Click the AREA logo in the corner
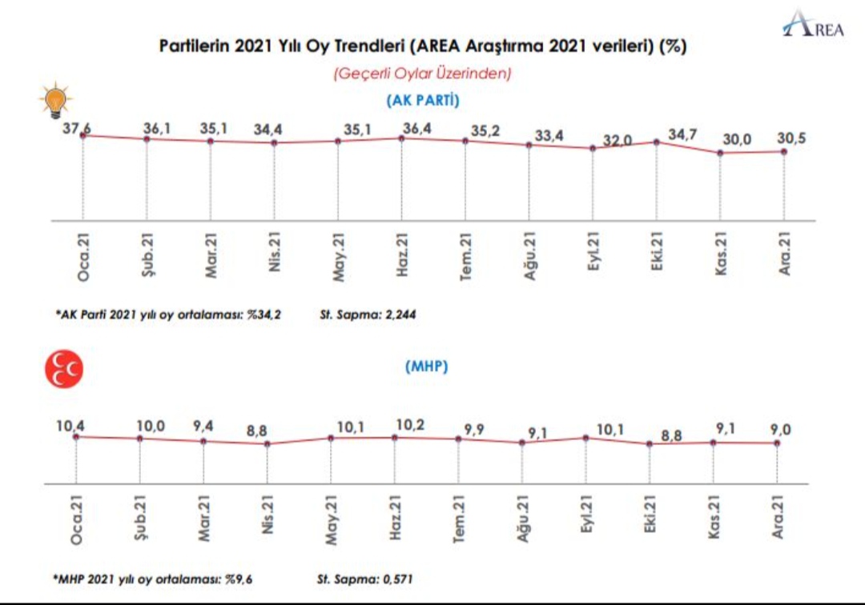click(813, 25)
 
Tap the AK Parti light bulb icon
click(56, 100)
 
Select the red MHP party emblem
click(64, 369)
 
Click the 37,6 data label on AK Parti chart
click(77, 128)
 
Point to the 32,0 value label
click(617, 141)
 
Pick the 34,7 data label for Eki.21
click(682, 134)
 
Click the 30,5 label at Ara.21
click(791, 138)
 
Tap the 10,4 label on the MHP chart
click(70, 426)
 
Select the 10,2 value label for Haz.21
click(410, 425)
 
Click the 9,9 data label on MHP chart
click(474, 429)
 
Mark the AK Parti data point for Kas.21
click(720, 153)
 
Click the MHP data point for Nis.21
click(267, 443)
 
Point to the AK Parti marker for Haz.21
click(401, 138)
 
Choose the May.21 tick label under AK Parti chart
click(338, 257)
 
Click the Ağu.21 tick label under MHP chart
click(522, 518)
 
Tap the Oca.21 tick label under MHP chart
click(76, 519)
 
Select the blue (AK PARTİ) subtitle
click(423, 100)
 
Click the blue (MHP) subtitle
click(426, 367)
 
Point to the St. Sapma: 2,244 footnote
click(368, 315)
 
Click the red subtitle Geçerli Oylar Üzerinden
click(422, 74)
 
